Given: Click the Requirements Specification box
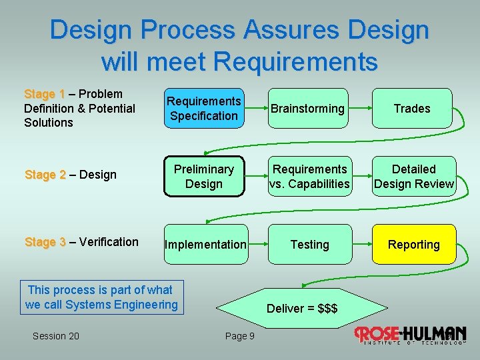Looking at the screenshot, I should [x=203, y=109].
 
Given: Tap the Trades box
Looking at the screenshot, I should [x=412, y=109].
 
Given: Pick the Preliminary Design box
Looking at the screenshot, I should [x=203, y=177].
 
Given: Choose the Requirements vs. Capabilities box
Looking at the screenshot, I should [x=309, y=177].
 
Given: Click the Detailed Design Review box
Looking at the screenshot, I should [x=413, y=177].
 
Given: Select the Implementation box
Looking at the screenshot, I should [x=205, y=245].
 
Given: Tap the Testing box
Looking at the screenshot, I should [x=309, y=245].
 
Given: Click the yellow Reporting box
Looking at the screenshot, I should [x=413, y=245].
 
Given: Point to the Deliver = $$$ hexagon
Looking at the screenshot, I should [x=302, y=309].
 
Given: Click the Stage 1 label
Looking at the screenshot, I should [x=44, y=94].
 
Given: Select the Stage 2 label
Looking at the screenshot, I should [x=45, y=175].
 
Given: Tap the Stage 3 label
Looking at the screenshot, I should [x=45, y=242].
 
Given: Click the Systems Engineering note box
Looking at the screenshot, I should [x=101, y=297].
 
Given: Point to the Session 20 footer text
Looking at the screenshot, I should [x=55, y=336].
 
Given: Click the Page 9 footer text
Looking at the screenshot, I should [x=239, y=336].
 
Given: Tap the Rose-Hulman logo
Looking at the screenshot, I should [x=409, y=335].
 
